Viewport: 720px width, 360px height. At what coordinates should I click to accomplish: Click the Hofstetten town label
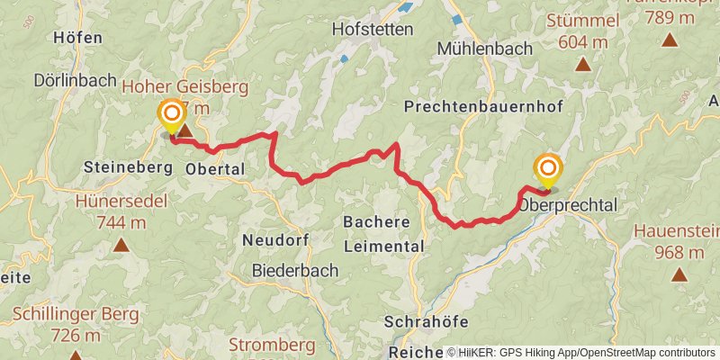pos(373,29)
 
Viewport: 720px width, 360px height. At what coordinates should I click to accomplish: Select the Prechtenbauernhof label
pos(483,107)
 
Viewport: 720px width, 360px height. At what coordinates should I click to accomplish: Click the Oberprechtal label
pos(568,205)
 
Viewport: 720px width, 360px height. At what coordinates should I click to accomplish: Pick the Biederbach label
pos(295,270)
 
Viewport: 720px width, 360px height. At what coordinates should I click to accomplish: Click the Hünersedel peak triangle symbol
pos(121,244)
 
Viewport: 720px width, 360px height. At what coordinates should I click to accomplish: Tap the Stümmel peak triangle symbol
pos(583,64)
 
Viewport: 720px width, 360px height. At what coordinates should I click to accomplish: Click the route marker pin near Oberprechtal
pos(547,170)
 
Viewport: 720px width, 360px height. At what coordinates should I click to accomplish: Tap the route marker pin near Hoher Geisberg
pos(170,115)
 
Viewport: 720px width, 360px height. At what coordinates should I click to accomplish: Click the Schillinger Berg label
pos(76,315)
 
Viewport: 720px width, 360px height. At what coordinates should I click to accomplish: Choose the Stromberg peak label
pos(271,345)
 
